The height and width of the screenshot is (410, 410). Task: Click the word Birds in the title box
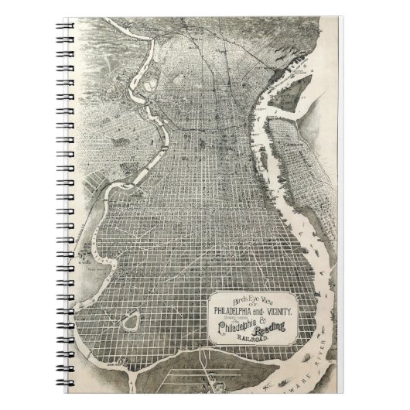pos(230,296)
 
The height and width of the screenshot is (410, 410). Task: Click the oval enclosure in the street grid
pos(133,317)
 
